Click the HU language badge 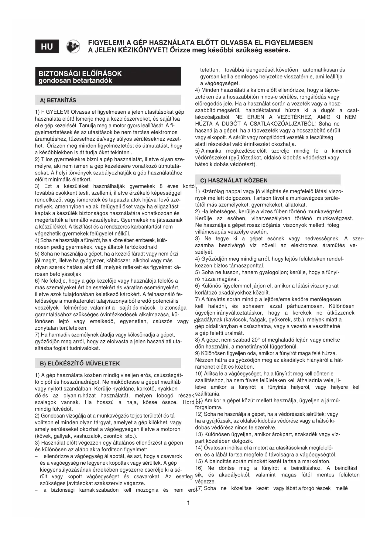(x=47, y=46)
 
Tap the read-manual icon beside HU (x=73, y=46)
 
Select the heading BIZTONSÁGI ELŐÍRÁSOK (x=80, y=74)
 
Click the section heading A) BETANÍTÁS (x=58, y=100)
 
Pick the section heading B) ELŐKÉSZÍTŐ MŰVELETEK (x=80, y=363)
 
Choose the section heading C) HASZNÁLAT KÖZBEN (x=234, y=181)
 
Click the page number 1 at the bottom (x=188, y=503)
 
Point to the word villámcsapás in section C (x=210, y=232)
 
